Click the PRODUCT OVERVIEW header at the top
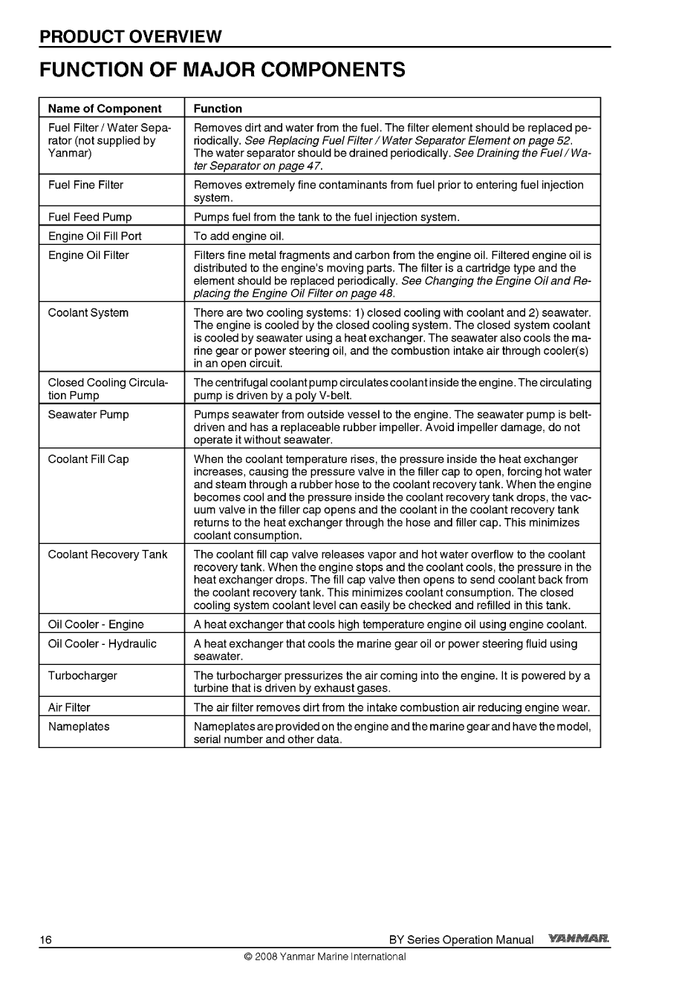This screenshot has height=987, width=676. coord(131,36)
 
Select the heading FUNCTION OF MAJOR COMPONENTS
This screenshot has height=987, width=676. coord(222,70)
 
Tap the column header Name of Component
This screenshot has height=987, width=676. coord(105,108)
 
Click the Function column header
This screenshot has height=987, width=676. coord(218,108)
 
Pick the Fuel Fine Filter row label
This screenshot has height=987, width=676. coord(85,185)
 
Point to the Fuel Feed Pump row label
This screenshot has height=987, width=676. coord(90,217)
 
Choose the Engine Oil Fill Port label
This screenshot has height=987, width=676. coord(94,236)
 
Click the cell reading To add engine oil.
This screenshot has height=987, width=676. coord(239,236)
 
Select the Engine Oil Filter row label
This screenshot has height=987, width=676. coord(88,255)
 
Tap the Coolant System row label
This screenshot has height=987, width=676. coord(88,312)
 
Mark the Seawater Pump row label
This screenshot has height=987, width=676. coord(88,414)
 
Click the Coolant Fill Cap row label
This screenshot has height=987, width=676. coord(88,459)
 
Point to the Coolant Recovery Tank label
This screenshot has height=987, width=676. coord(108,554)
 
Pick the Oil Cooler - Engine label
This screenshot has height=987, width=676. coord(96,624)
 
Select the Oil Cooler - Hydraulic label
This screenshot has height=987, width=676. coord(102,643)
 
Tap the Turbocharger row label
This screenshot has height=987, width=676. coord(82,675)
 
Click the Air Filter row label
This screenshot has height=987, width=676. coord(69,707)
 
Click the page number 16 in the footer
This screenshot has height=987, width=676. coord(46,940)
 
